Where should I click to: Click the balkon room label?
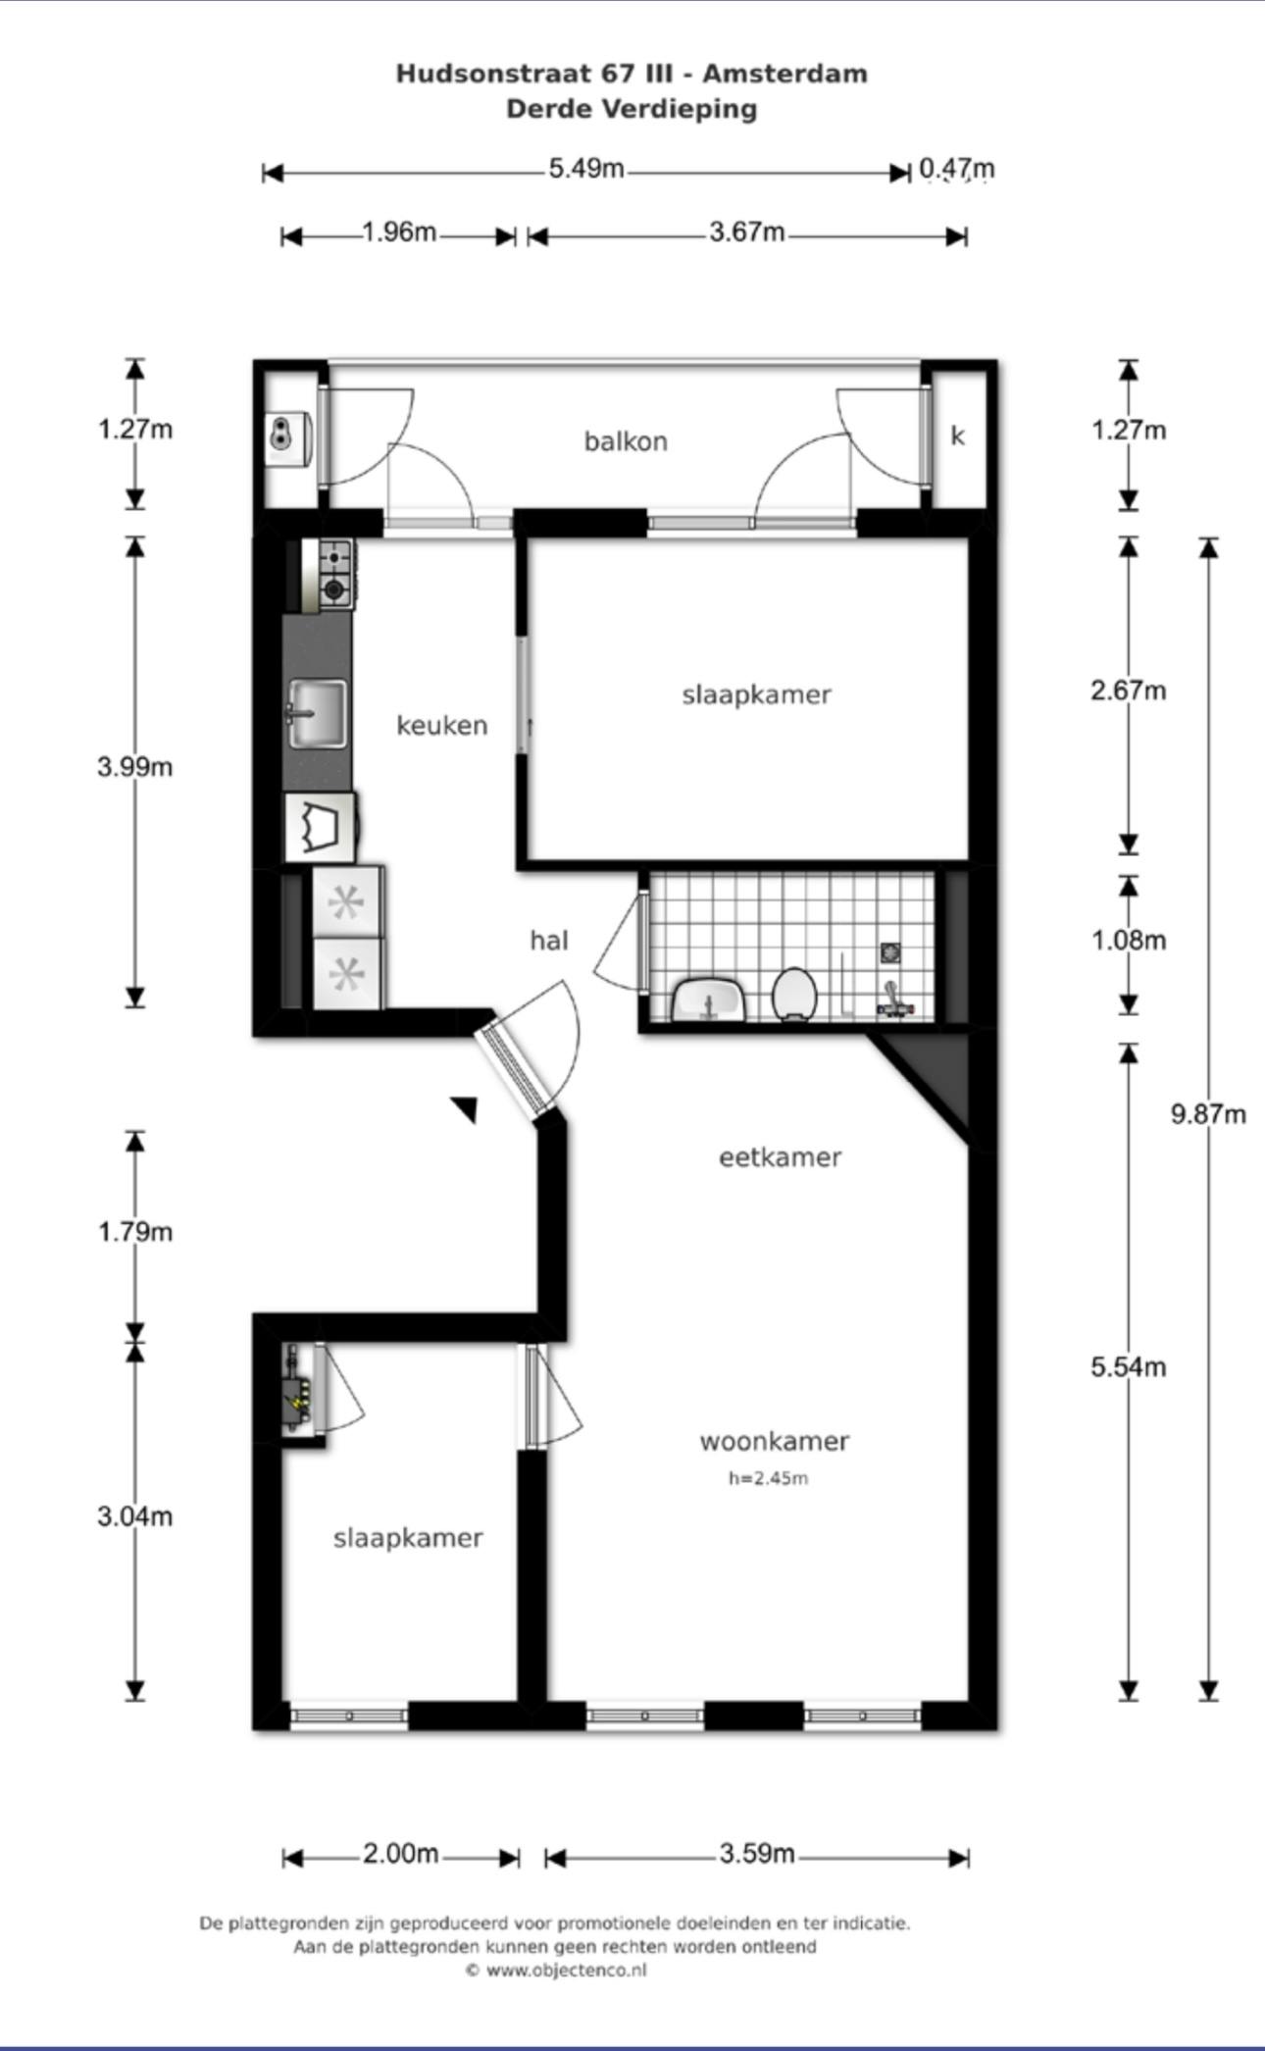pyautogui.click(x=626, y=441)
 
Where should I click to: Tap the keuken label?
pyautogui.click(x=441, y=726)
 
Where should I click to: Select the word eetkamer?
pyautogui.click(x=780, y=1157)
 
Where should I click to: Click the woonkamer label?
pyautogui.click(x=774, y=1441)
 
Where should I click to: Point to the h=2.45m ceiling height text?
pyautogui.click(x=768, y=1478)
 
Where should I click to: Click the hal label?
pyautogui.click(x=548, y=941)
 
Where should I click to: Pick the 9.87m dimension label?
pyautogui.click(x=1208, y=1114)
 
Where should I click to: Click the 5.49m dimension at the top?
pyautogui.click(x=585, y=169)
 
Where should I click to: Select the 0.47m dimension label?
pyautogui.click(x=956, y=169)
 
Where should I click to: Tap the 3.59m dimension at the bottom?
pyautogui.click(x=756, y=1853)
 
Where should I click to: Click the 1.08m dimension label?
pyautogui.click(x=1129, y=941)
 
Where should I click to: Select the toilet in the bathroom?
pyautogui.click(x=794, y=994)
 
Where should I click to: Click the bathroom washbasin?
pyautogui.click(x=710, y=999)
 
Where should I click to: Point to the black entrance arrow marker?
pyautogui.click(x=465, y=1108)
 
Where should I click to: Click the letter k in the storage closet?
pyautogui.click(x=957, y=436)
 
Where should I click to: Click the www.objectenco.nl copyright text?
pyautogui.click(x=556, y=1971)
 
